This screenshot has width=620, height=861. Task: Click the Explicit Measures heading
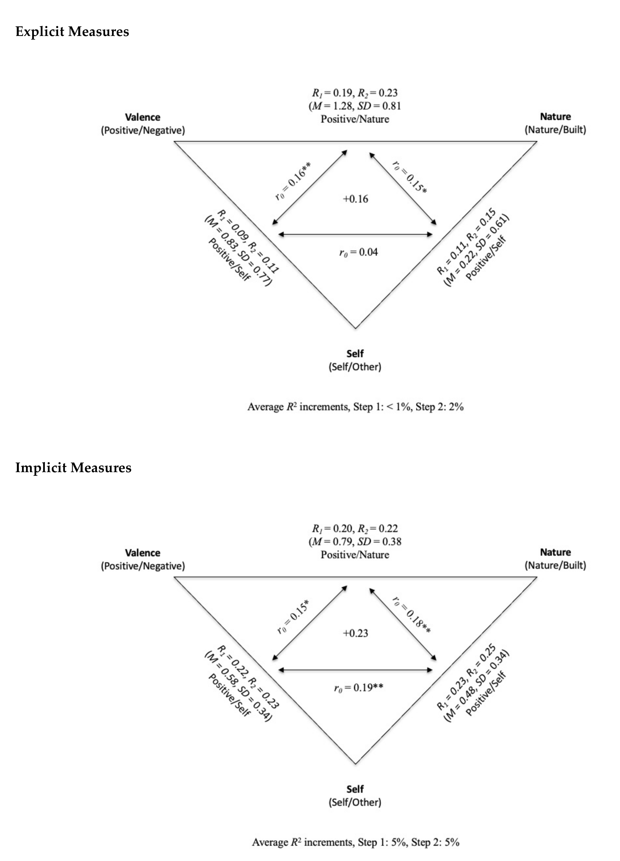tap(72, 31)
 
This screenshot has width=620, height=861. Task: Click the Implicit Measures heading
tap(73, 467)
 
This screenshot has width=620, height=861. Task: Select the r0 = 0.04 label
tap(358, 252)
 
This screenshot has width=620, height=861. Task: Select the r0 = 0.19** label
tap(358, 688)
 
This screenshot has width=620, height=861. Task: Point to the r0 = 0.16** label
tap(293, 181)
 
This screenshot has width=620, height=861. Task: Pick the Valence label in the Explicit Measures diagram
tap(143, 117)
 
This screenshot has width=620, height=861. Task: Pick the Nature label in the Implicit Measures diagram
tap(555, 552)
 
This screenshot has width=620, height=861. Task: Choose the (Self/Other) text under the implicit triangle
tap(355, 802)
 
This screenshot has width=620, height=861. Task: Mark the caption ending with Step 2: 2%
tap(355, 407)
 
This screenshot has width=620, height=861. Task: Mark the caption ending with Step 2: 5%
tap(355, 842)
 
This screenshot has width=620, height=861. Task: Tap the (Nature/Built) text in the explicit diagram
tap(555, 130)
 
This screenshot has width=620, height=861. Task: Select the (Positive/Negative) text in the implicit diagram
tap(143, 566)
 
